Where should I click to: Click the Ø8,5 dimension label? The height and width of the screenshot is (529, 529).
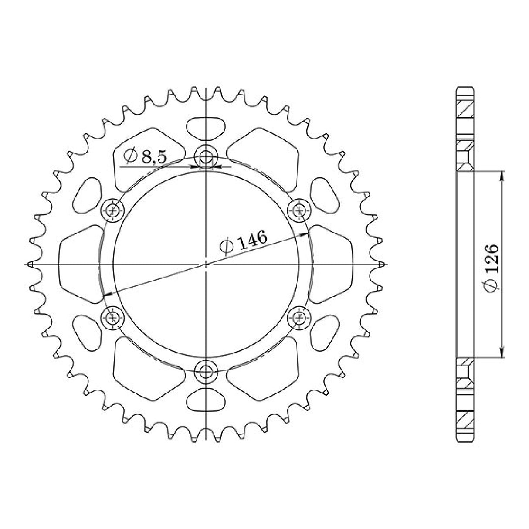145,156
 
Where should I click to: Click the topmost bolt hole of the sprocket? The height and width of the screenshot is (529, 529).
205,156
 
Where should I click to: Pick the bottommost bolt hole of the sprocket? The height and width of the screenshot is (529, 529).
205,371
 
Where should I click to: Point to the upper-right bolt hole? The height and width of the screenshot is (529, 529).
299,210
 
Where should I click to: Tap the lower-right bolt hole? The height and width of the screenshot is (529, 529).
299,318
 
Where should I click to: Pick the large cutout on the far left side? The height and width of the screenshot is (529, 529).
78,264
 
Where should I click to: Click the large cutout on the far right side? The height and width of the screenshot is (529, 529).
332,264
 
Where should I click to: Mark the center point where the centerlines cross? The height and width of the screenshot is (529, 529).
205,264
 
